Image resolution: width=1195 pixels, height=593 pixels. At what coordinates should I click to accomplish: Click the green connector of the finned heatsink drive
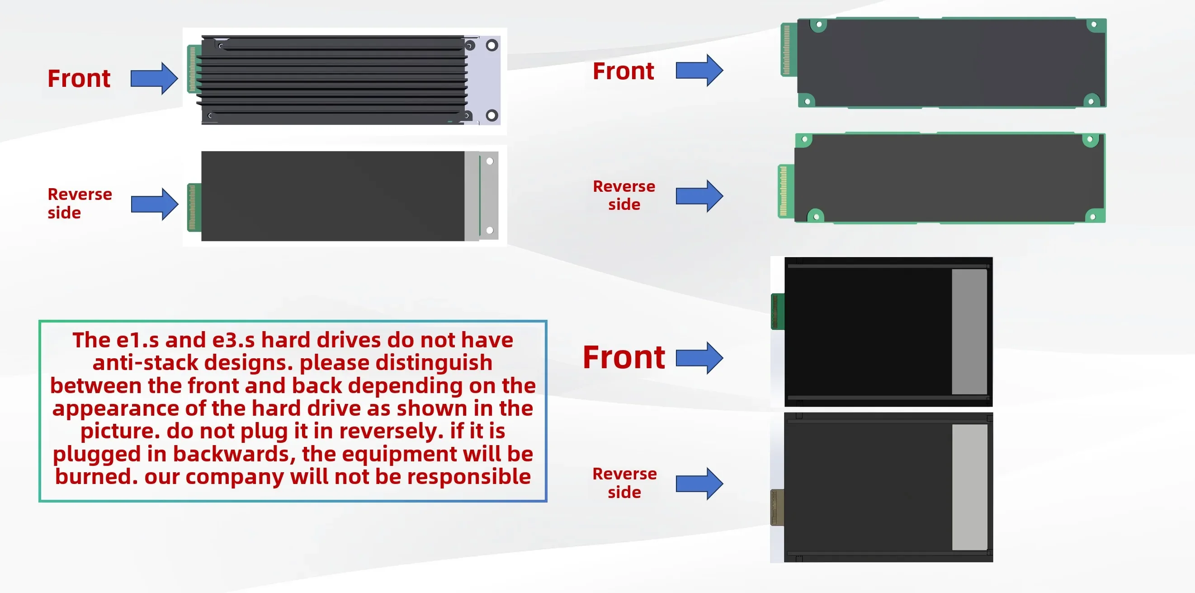193,69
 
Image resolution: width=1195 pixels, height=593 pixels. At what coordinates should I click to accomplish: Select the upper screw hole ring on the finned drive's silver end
492,46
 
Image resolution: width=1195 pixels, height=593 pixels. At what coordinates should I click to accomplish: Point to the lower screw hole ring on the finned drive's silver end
492,115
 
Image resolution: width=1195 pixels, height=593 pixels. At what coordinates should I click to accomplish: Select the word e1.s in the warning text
137,340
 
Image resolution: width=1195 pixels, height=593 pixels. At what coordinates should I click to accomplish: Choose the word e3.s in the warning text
233,340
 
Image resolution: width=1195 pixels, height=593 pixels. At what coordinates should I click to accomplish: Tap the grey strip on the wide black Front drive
969,331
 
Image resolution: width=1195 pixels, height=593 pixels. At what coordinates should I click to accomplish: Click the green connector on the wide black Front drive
778,311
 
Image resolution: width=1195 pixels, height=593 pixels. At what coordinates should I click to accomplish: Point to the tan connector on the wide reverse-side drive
777,507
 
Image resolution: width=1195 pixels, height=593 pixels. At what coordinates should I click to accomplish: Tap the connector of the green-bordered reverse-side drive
785,191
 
